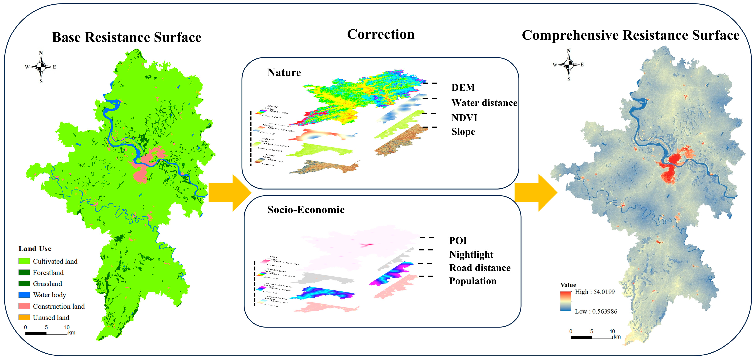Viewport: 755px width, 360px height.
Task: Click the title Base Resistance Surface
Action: (127, 37)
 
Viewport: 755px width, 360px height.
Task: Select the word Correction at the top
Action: (381, 35)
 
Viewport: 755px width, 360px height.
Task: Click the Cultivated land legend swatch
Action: (24, 261)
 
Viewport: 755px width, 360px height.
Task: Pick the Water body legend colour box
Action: (24, 295)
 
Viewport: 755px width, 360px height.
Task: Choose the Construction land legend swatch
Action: (24, 306)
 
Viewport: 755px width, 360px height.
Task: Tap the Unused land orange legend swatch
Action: (24, 317)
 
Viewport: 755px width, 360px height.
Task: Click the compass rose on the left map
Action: (41, 67)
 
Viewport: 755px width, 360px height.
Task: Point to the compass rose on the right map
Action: (569, 65)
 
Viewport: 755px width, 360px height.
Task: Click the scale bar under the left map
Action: (46, 333)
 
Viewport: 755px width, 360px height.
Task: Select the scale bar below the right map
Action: (592, 337)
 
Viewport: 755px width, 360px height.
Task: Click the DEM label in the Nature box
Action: (463, 88)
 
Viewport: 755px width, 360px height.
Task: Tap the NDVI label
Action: (464, 118)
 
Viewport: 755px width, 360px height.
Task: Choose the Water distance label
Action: (484, 103)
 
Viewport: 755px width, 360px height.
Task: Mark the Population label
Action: (473, 281)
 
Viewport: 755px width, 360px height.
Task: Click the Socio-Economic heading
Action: (306, 210)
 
